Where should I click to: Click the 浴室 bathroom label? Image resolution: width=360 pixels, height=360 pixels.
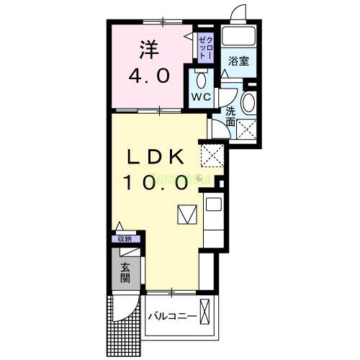[x=240, y=62]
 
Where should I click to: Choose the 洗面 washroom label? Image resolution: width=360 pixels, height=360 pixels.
[x=230, y=117]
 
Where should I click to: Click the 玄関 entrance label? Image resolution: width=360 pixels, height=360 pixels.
[x=125, y=276]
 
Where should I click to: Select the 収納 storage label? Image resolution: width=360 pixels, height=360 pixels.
[x=125, y=239]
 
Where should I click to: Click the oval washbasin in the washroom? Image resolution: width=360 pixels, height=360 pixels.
[x=248, y=102]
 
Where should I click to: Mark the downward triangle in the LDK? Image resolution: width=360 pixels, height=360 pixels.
[x=186, y=215]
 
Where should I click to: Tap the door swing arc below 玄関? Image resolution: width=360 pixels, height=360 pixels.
[x=124, y=310]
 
